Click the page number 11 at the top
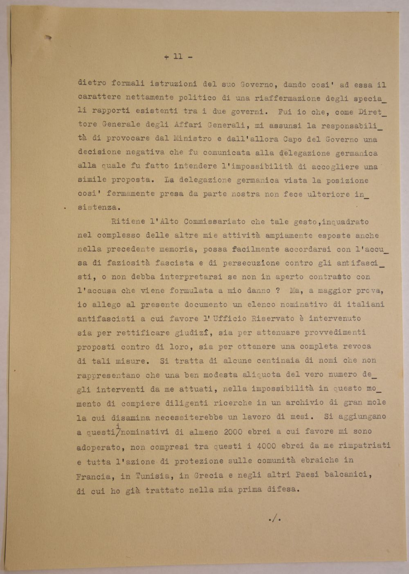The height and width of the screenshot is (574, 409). (178, 57)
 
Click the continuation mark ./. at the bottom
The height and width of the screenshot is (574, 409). (274, 520)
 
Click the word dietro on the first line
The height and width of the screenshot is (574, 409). (92, 83)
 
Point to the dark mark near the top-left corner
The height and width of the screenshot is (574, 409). (48, 38)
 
